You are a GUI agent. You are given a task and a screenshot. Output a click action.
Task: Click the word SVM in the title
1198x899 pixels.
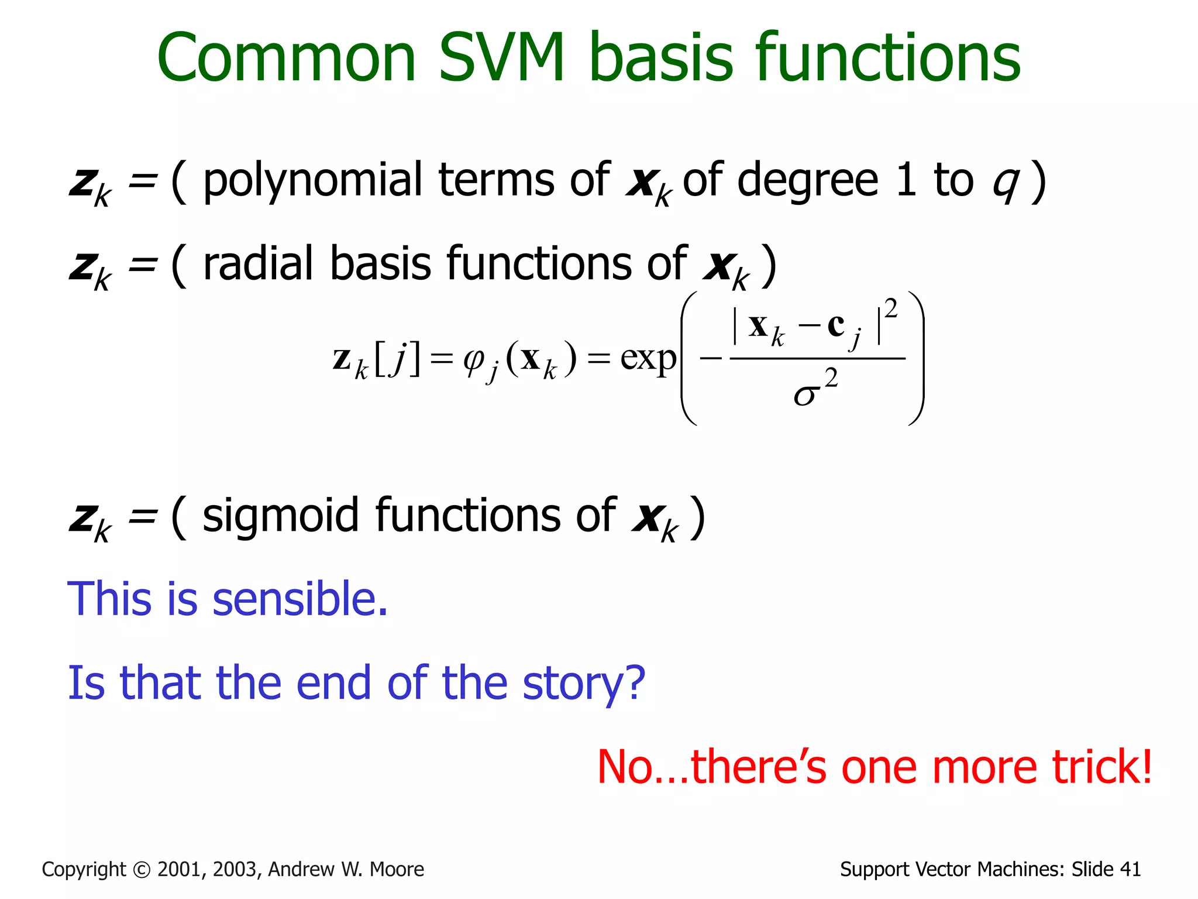click(x=502, y=59)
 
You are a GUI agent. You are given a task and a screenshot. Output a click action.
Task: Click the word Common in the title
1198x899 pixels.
click(x=286, y=59)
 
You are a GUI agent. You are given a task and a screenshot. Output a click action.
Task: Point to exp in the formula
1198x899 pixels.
click(x=648, y=358)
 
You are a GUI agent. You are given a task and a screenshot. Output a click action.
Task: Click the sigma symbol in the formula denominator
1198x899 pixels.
click(x=804, y=395)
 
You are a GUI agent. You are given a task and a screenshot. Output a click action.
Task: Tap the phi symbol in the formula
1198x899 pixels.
click(x=473, y=359)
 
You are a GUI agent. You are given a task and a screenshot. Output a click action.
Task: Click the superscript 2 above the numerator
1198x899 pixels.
click(x=891, y=308)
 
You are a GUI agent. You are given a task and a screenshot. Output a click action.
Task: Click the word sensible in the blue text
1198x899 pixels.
click(x=300, y=599)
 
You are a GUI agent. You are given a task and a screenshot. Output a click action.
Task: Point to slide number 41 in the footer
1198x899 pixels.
click(x=1129, y=870)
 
